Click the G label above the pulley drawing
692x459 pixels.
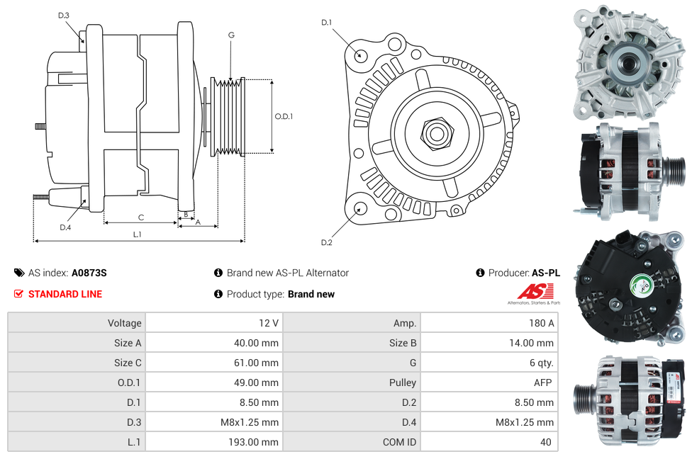[x=231, y=35]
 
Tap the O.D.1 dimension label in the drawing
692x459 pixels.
[x=284, y=117]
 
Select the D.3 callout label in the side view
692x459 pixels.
[x=64, y=15]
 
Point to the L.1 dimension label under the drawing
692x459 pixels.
[x=138, y=234]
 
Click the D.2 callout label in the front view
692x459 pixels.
[x=326, y=243]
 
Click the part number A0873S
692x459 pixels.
[x=89, y=273]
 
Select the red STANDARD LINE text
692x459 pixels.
[x=65, y=294]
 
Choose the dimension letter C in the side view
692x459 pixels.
[x=141, y=217]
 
